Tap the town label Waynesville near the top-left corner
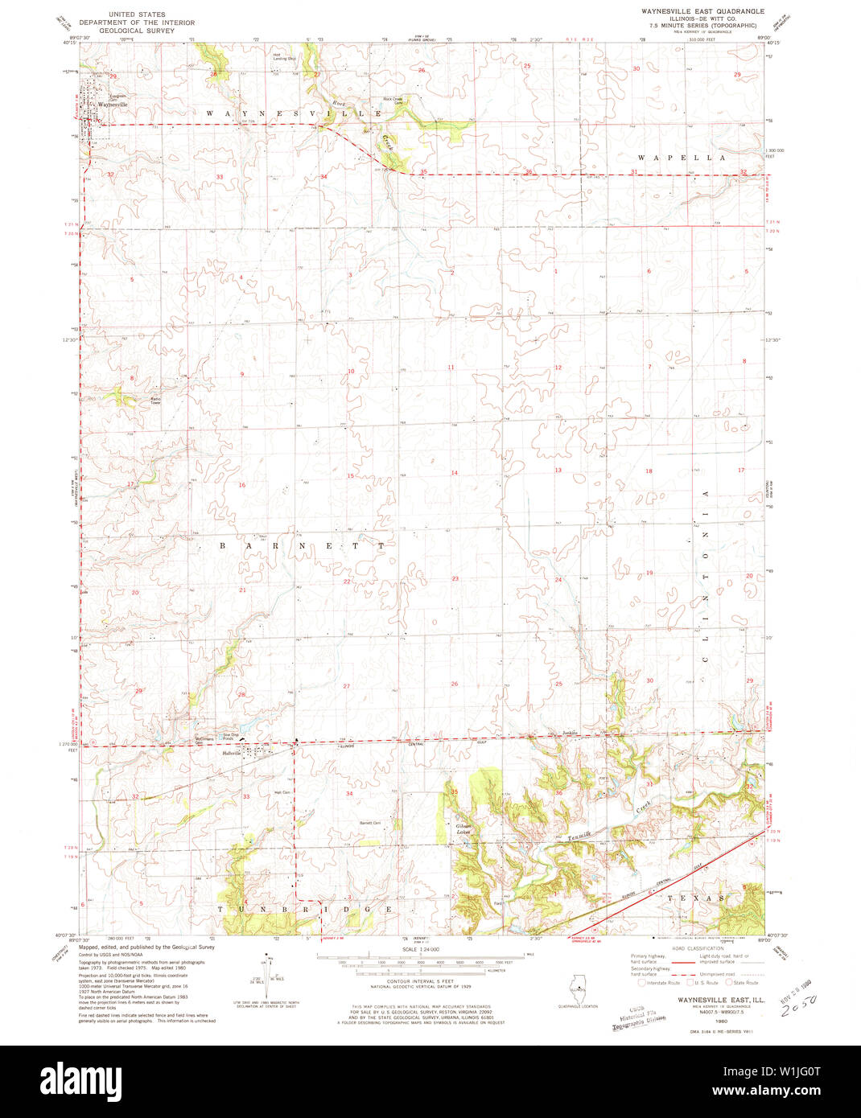point(112,105)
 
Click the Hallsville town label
point(232,754)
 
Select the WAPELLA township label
point(682,158)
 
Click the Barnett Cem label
point(369,823)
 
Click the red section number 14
point(454,473)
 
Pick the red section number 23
point(455,579)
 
